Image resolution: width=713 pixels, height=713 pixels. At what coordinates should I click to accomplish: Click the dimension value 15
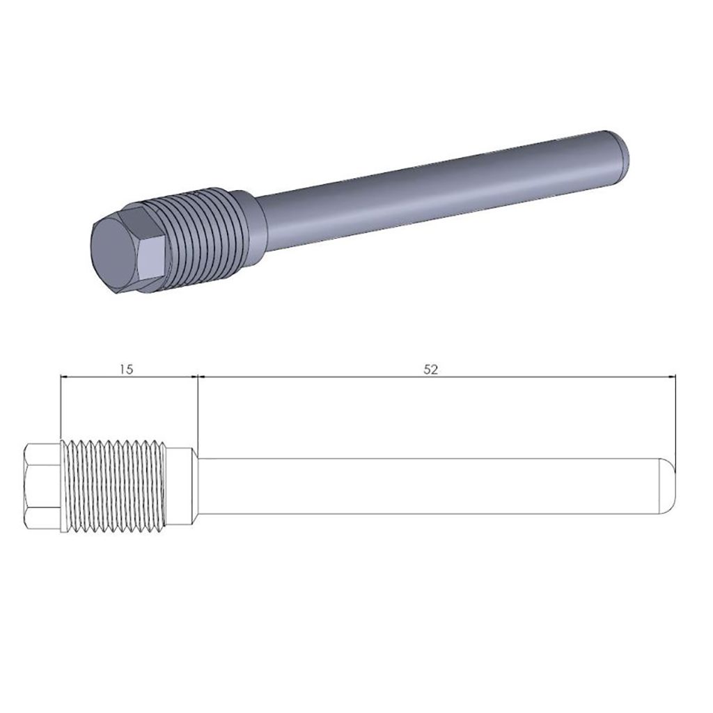(126, 368)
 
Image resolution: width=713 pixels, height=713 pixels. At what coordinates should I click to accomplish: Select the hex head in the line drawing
(43, 485)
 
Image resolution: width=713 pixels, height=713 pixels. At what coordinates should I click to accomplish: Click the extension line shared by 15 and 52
(198, 411)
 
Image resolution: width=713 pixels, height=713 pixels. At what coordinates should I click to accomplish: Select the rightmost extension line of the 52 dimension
(677, 418)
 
